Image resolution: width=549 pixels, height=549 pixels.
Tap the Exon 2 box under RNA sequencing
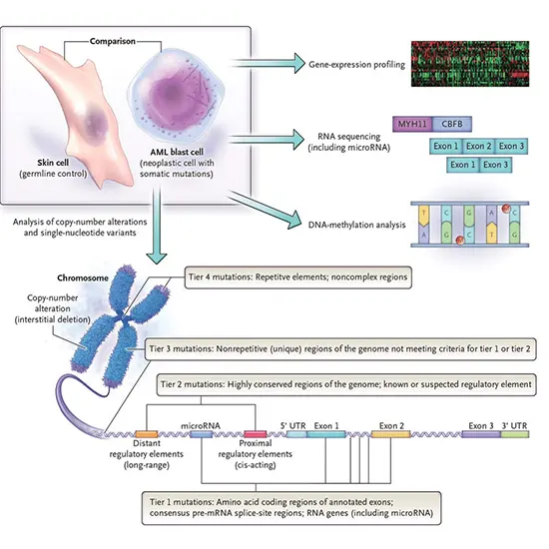pyautogui.click(x=477, y=146)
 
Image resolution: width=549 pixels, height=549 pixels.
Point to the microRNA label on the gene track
pyautogui.click(x=199, y=426)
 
